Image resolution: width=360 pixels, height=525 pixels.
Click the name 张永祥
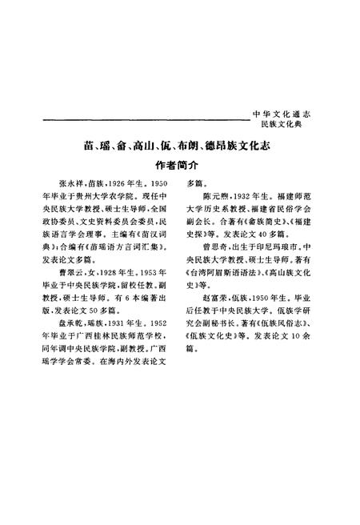(71, 182)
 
